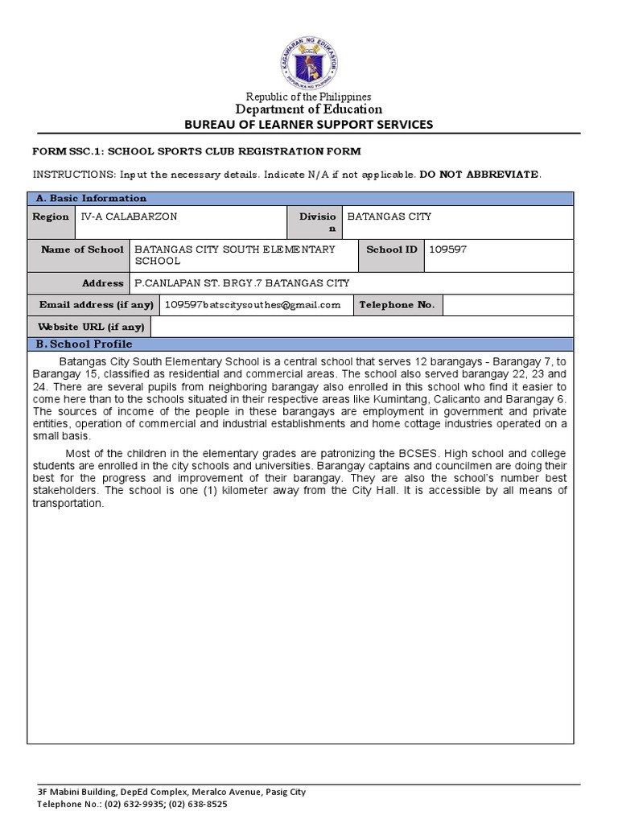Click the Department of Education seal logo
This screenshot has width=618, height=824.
[309, 62]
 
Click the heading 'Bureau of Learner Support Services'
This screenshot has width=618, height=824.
[309, 124]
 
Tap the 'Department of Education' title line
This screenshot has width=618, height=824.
[309, 109]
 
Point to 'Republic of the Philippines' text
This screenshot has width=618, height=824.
[309, 97]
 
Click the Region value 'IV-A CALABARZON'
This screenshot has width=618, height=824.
[129, 216]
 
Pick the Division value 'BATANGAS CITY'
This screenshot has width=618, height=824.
[389, 216]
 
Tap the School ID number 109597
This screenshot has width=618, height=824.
[448, 249]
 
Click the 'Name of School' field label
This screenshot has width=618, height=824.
[82, 249]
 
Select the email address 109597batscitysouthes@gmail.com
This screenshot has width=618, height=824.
[252, 305]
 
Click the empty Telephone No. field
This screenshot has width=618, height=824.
[507, 305]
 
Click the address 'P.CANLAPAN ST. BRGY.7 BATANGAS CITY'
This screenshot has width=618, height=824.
[241, 283]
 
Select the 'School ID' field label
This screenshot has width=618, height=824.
[391, 249]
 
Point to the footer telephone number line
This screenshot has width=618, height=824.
[138, 804]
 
